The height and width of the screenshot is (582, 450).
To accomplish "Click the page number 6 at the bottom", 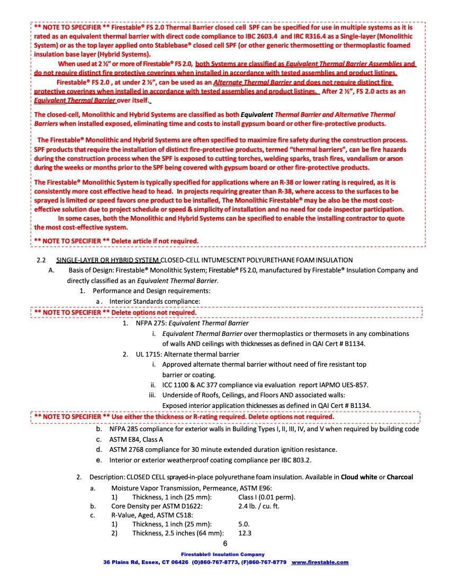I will pos(225,544).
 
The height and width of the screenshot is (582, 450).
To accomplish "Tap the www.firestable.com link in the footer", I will pos(320,562).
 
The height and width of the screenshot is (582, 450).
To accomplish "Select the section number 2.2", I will pos(42,260).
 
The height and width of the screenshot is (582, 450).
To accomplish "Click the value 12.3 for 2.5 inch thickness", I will pos(245,533).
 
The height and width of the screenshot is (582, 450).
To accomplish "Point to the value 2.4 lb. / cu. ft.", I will pos(259,506).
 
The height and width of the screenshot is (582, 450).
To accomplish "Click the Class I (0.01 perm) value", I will pos(267,497).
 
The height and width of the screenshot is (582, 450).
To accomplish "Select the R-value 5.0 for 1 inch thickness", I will pos(244,524).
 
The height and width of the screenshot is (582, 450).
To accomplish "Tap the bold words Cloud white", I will pos(358,477).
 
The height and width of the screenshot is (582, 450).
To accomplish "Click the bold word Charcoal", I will pos(400,477).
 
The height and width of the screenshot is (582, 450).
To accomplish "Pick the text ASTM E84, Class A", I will pos(136,439).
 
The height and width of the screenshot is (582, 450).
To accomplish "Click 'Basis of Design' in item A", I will pos(89,270).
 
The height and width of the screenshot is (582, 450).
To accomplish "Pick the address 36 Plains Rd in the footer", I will pos(122,562).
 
